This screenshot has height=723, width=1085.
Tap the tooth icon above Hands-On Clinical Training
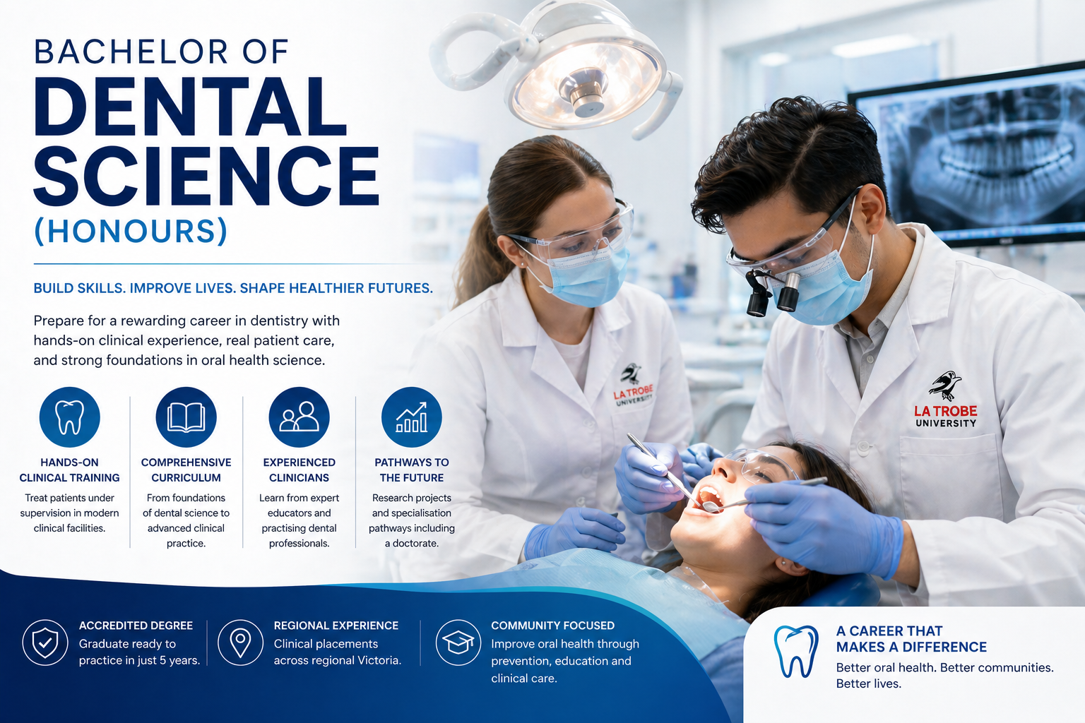coord(70,417)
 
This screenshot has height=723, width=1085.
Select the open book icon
coord(186,417)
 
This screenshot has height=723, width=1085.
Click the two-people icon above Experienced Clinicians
coord(299,417)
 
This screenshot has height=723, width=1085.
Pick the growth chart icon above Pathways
coord(412,417)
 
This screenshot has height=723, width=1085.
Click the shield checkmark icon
coord(45,643)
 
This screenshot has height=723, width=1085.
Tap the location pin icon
coord(240,643)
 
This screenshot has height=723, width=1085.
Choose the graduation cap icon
coord(458,643)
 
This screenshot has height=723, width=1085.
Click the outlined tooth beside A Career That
coord(796,651)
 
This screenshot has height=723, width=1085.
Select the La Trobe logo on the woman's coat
coord(633,385)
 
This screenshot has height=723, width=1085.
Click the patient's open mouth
coord(709,498)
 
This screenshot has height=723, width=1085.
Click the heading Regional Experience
coord(336,625)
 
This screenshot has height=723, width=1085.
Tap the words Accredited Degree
coord(136,625)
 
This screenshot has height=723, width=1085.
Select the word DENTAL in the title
coord(190,107)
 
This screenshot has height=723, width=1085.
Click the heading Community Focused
coord(552,625)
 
